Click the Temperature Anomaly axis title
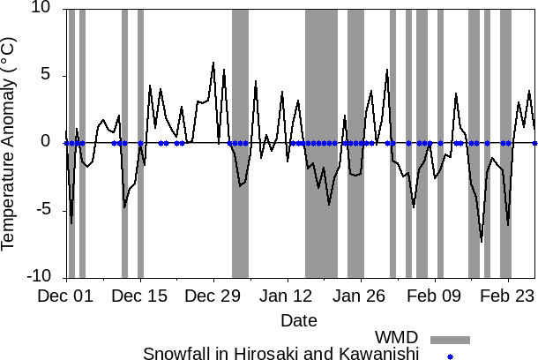point(10,142)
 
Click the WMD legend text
point(396,338)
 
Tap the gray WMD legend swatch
point(450,339)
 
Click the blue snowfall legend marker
point(450,356)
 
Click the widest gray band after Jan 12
point(321,142)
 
